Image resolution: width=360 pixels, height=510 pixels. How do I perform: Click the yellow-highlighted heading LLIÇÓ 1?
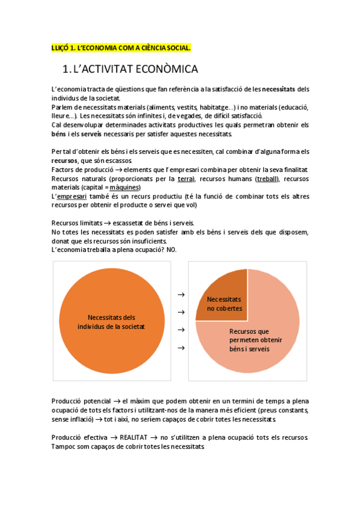[x=121, y=47]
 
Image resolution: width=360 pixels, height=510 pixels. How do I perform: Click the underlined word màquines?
[x=125, y=188]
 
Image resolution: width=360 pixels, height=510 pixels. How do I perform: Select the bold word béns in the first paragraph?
[x=59, y=134]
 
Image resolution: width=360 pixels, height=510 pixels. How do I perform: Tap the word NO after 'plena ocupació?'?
[x=171, y=250]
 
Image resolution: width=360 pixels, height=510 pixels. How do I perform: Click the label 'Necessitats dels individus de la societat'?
[x=112, y=322]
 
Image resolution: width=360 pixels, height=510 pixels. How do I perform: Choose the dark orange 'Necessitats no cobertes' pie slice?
[x=224, y=303]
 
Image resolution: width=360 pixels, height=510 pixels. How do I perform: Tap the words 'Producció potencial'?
[x=81, y=401]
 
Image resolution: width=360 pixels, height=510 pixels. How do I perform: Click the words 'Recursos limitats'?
[x=78, y=223]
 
